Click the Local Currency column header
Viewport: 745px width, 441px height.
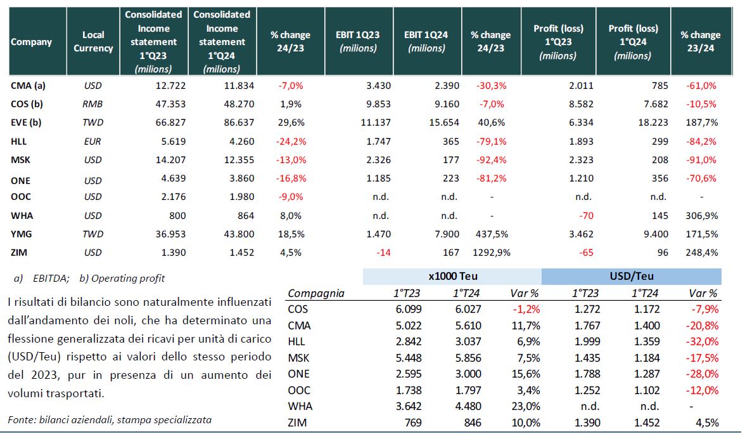[x=93, y=41]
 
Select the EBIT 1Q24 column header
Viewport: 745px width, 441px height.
[x=426, y=41]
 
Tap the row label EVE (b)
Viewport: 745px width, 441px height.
[x=26, y=122]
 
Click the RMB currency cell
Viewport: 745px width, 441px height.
[x=92, y=103]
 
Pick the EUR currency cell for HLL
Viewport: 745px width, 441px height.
[x=92, y=142]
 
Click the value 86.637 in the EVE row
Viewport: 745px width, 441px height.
[x=239, y=122]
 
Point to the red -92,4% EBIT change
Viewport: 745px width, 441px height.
[x=492, y=160]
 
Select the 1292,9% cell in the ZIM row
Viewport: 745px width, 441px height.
[x=492, y=253]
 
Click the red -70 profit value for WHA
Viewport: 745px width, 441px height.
[x=587, y=216]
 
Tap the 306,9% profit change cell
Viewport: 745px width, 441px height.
[x=702, y=216]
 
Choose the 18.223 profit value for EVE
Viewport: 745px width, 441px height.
[x=653, y=122]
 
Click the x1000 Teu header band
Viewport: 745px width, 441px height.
[x=452, y=277]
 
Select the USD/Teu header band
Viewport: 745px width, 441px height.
[x=632, y=277]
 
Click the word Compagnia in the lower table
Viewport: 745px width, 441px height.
[x=316, y=293]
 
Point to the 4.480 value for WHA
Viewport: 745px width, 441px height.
[x=468, y=406]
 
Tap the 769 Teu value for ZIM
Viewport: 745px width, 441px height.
[x=413, y=423]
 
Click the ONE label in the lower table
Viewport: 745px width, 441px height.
[x=298, y=374]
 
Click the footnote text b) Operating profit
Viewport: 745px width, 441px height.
[x=122, y=279]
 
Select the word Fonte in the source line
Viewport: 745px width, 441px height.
[x=21, y=419]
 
